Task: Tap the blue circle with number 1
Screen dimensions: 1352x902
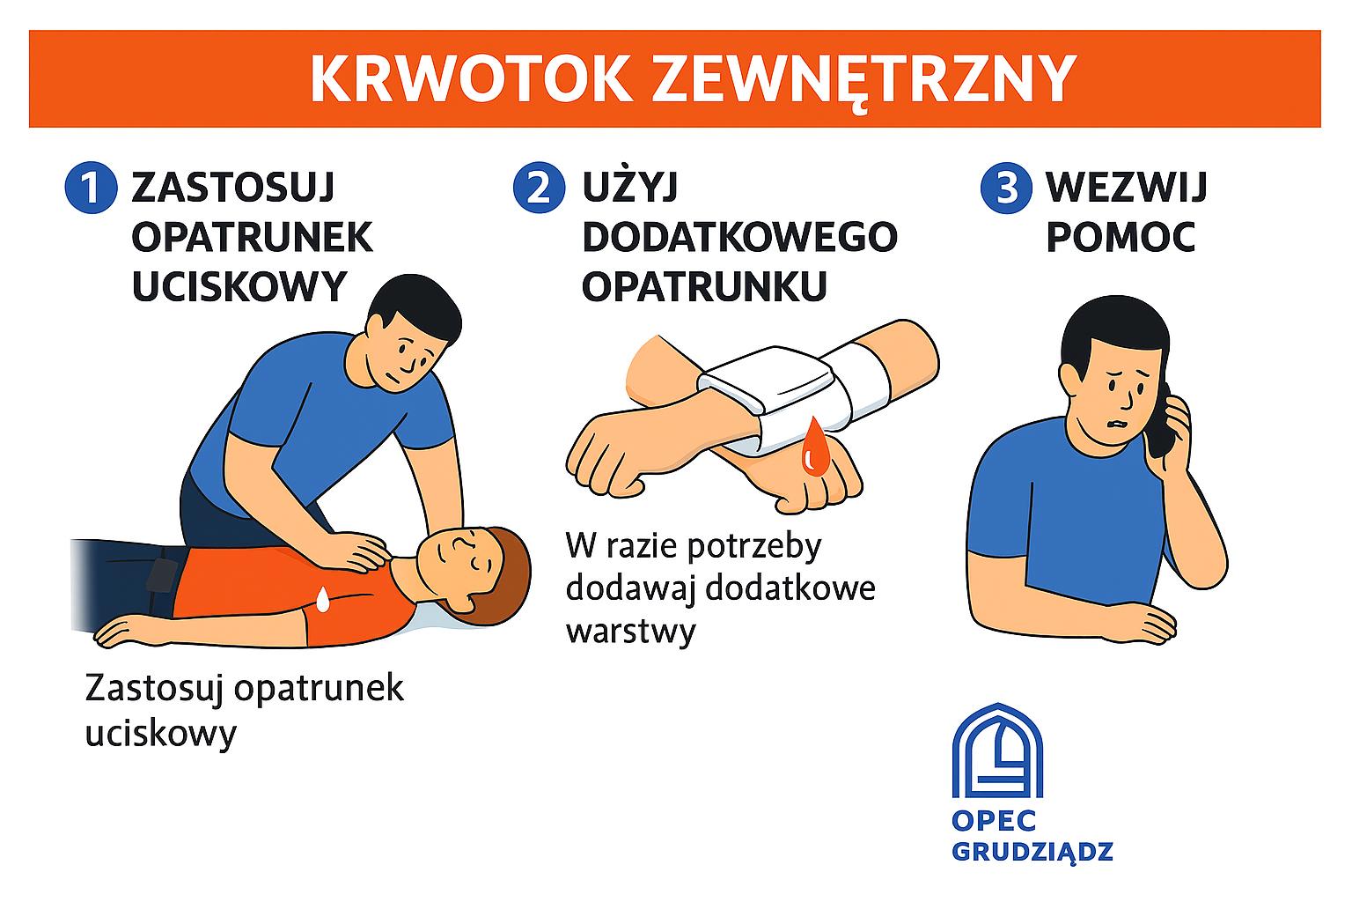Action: [x=91, y=188]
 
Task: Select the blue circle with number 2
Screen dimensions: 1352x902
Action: [x=539, y=188]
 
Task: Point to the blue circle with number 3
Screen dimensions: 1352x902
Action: [x=1006, y=188]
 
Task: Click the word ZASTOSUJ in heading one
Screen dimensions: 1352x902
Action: [x=233, y=188]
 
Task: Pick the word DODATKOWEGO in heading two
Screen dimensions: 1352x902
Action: [x=740, y=237]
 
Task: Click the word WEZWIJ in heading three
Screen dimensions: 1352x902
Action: [x=1127, y=188]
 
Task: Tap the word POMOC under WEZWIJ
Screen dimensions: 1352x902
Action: [x=1121, y=237]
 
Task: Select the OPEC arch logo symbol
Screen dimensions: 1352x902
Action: [x=997, y=751]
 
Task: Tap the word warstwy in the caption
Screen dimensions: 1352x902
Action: [x=631, y=632]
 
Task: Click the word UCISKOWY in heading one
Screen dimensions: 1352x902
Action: [x=239, y=286]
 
